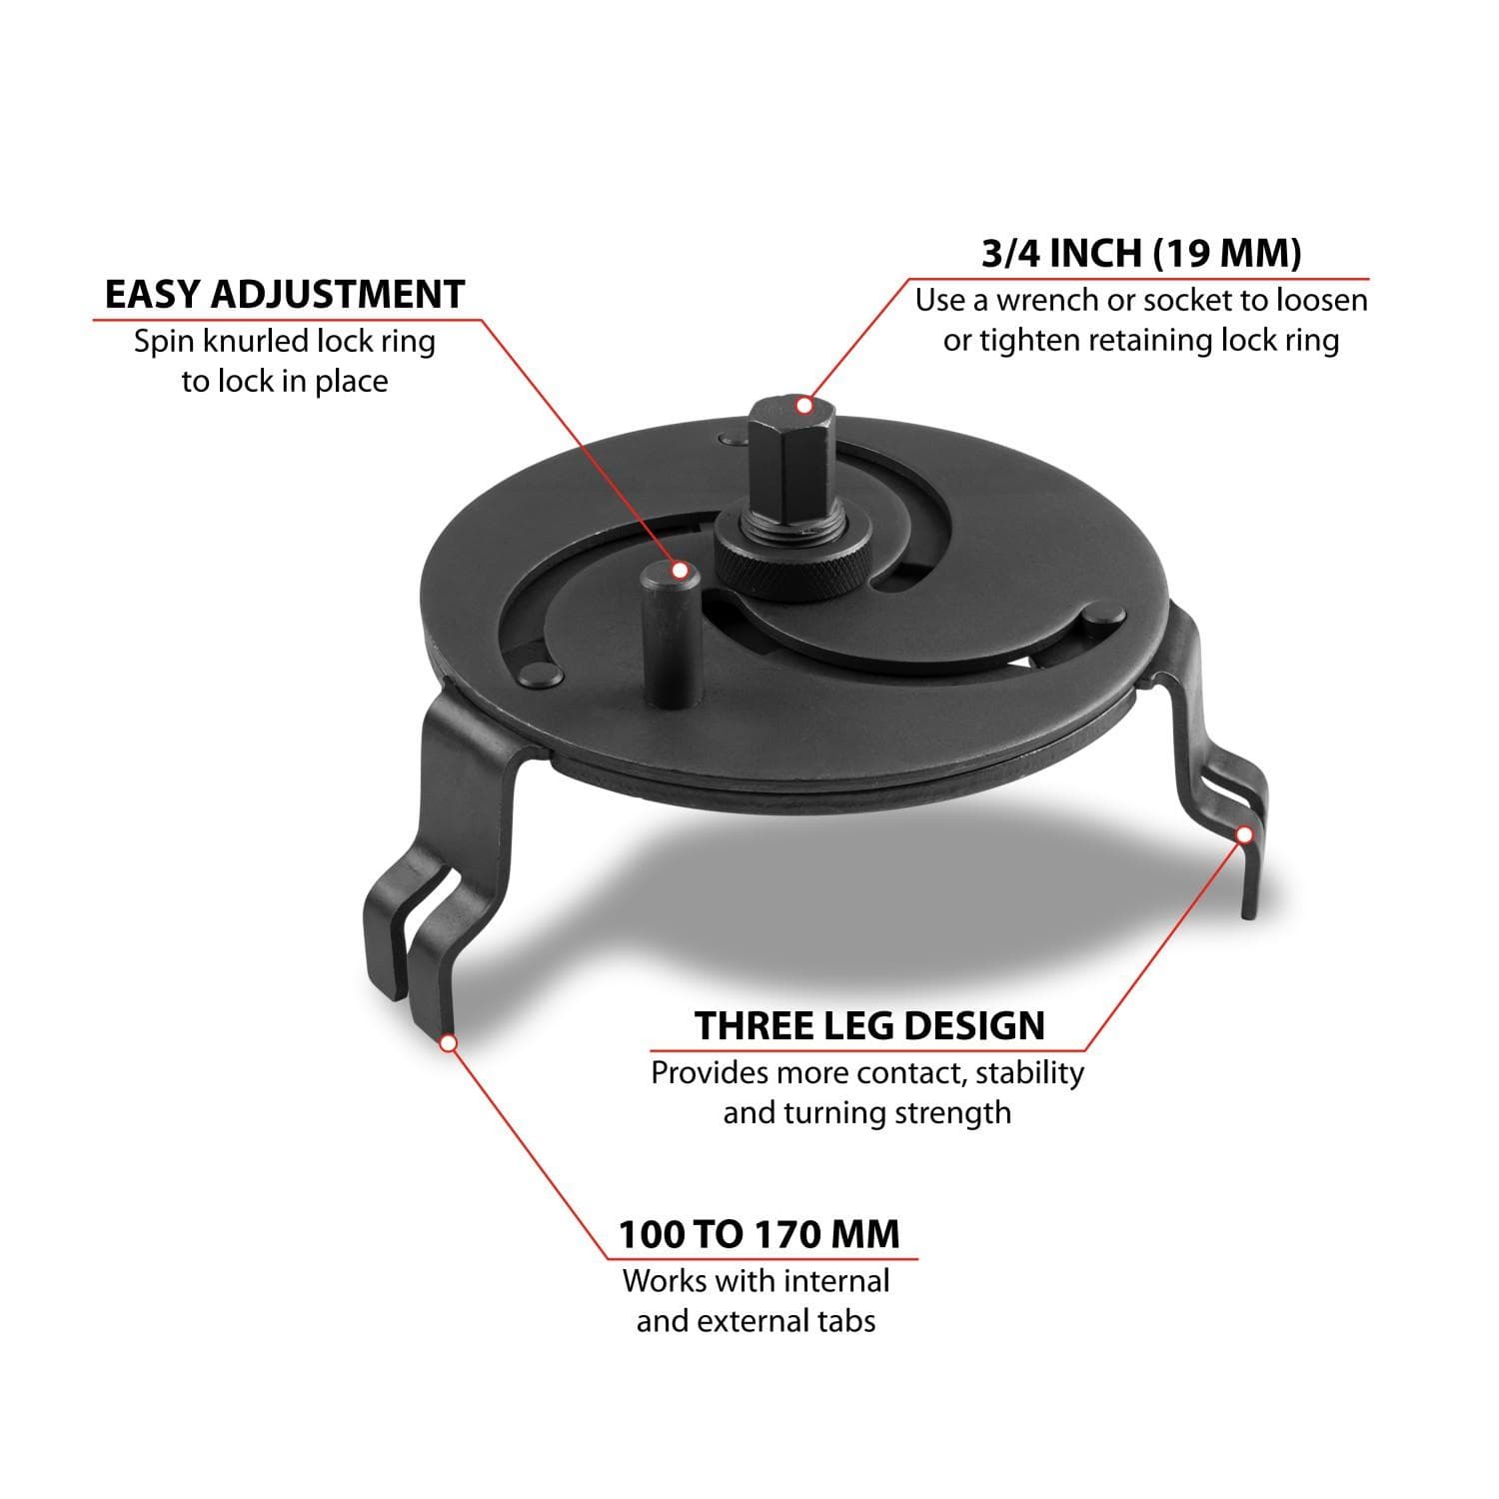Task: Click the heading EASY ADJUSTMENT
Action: pyautogui.click(x=285, y=295)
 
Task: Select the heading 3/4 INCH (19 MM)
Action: pyautogui.click(x=1141, y=254)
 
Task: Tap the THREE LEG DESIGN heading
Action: pyautogui.click(x=870, y=1026)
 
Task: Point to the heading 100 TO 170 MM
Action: pyautogui.click(x=758, y=1234)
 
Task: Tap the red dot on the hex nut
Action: pyautogui.click(x=803, y=405)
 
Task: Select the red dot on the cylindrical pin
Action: pyautogui.click(x=681, y=571)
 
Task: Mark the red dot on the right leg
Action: pyautogui.click(x=1245, y=834)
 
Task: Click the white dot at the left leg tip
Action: pyautogui.click(x=449, y=1042)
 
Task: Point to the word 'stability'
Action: pyautogui.click(x=1029, y=1073)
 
